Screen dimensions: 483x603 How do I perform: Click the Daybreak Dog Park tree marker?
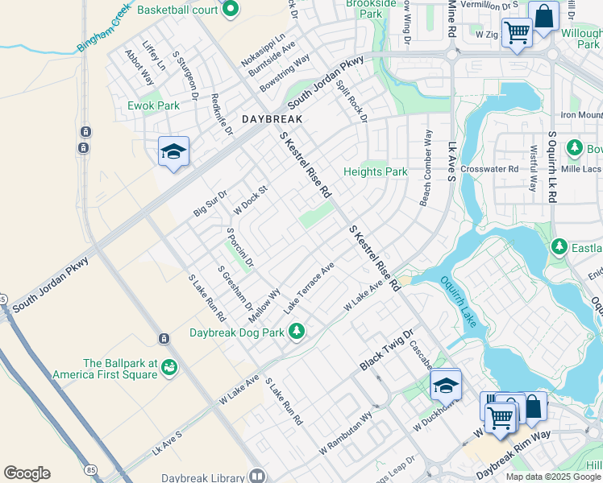coord(297,331)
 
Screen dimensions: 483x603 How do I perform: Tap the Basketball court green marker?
coord(230,10)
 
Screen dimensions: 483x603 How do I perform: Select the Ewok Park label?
coord(153,105)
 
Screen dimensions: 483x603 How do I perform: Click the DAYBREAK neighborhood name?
coord(272,118)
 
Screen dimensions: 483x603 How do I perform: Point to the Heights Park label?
coord(376,171)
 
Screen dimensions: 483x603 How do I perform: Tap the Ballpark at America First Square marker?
coord(169,368)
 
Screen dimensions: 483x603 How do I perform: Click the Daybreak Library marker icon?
coord(257,477)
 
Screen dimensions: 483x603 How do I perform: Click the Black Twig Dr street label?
coord(386,349)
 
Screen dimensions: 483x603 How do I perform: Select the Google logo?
coord(27,473)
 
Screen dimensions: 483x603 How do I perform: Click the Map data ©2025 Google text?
coord(553,477)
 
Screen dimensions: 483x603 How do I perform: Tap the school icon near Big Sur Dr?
coord(173,151)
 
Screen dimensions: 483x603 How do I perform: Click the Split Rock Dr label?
coord(351,101)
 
